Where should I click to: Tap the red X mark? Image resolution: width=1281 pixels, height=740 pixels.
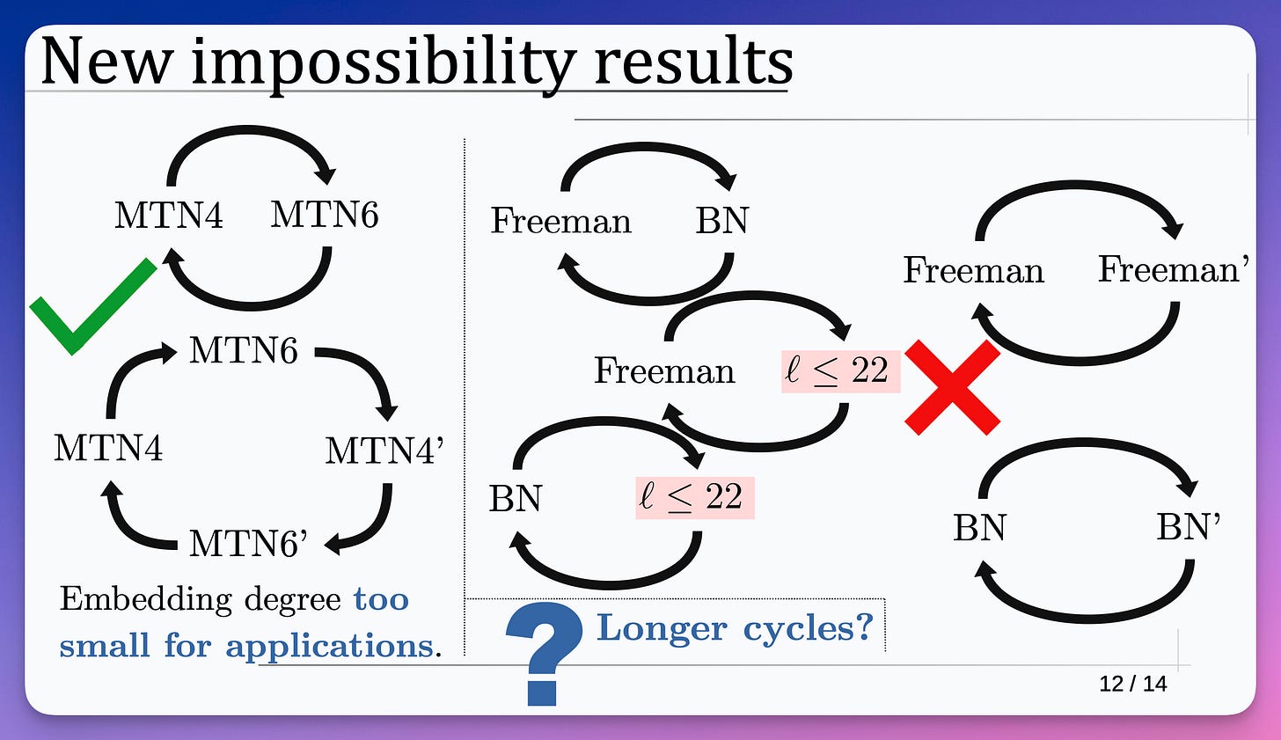coord(953,388)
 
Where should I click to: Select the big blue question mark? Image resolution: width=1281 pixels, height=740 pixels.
coord(543,651)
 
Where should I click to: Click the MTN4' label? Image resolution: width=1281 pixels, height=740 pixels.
coord(384,451)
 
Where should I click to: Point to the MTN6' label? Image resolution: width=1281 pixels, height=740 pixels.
coord(249,544)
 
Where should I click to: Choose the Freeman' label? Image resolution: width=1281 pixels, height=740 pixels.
coord(1173,269)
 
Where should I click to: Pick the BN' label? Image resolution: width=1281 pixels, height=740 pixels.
coord(1188,527)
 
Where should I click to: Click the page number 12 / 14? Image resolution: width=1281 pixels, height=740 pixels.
coord(1132,684)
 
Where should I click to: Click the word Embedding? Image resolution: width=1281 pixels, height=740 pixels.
coord(145,599)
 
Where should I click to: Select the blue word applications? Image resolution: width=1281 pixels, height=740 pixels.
coord(329,646)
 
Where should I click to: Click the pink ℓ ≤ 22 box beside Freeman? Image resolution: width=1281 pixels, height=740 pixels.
coord(840,370)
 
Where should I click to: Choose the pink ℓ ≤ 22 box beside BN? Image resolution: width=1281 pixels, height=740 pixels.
coord(694,497)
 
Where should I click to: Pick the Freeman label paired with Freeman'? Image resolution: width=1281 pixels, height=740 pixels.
coord(973,270)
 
